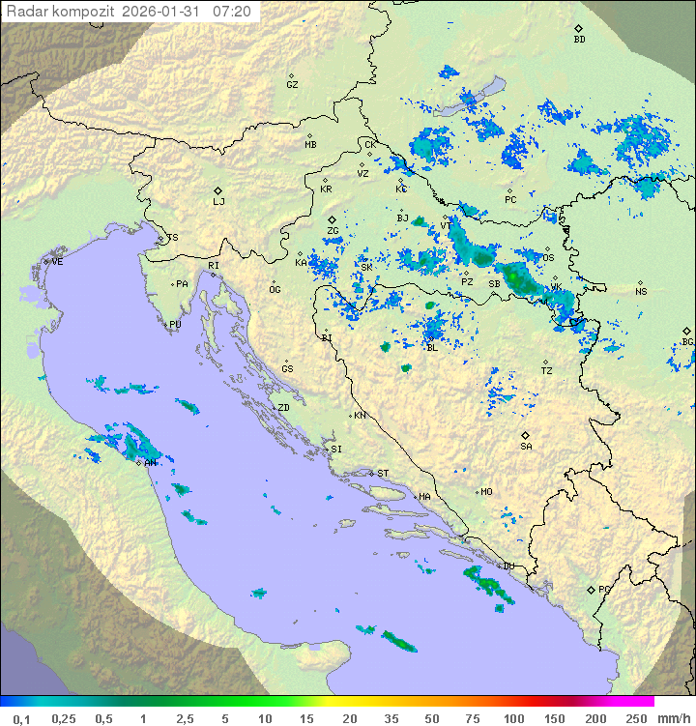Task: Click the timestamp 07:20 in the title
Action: pos(232,12)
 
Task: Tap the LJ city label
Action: pos(218,201)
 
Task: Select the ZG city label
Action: pos(333,231)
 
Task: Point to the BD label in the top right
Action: pos(579,40)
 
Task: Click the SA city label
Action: pos(526,446)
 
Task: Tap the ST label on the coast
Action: pos(383,473)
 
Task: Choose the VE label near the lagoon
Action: pos(57,261)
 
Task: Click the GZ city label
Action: pos(292,84)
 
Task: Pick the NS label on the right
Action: pos(641,291)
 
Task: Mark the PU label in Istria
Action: pos(175,325)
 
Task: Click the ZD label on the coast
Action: pos(283,408)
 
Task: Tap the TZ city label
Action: pos(547,370)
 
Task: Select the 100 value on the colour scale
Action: pos(513,717)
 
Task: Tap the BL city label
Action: pos(431,347)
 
